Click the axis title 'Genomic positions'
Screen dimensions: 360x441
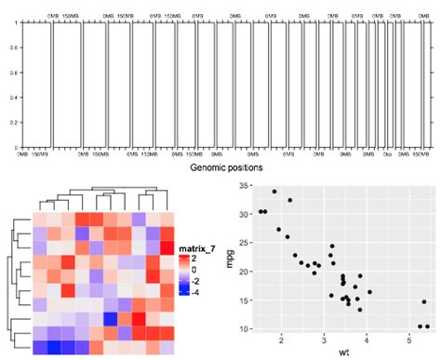coord(226,167)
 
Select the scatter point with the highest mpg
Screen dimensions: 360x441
coord(274,192)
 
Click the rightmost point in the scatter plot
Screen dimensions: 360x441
coord(428,327)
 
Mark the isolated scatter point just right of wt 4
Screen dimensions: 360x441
coord(369,292)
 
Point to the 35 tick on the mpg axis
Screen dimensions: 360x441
coord(259,186)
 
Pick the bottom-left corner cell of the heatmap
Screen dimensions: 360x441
coord(39,348)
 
